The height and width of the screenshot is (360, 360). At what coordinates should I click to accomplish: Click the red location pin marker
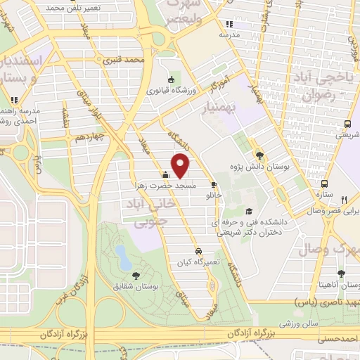tap(181, 166)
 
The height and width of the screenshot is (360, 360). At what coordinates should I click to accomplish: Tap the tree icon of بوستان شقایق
tap(136, 276)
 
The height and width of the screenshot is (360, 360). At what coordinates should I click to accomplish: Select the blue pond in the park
tap(124, 257)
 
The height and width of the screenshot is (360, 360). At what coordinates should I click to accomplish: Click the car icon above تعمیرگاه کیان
tap(199, 250)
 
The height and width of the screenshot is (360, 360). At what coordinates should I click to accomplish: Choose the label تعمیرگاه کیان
tap(198, 261)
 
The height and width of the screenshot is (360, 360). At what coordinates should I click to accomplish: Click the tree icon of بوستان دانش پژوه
tap(260, 155)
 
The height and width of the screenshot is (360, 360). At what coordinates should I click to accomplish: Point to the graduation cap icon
tap(247, 212)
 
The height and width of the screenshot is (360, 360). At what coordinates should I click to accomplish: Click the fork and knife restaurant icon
tap(344, 200)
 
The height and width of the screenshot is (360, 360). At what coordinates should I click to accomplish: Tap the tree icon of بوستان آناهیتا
tap(341, 274)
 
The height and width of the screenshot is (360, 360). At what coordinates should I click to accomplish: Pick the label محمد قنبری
tap(124, 60)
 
